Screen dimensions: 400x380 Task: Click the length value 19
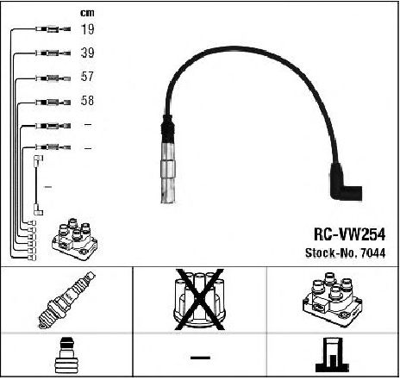tap(87, 29)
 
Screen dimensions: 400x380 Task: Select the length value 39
tap(87, 53)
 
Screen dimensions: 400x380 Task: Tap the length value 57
tap(87, 77)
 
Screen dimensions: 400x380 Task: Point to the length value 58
tap(87, 100)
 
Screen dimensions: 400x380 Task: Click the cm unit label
tap(87, 13)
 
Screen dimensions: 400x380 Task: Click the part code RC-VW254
tap(349, 234)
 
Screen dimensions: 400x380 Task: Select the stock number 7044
tap(373, 253)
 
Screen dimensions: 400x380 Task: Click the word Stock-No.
tap(331, 253)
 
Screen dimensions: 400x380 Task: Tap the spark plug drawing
tap(66, 300)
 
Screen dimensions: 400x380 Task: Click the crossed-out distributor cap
tap(200, 299)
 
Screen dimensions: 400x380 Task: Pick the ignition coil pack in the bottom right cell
tap(332, 299)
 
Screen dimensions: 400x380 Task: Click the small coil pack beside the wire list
tap(75, 240)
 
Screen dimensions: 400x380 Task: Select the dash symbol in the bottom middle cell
tap(200, 358)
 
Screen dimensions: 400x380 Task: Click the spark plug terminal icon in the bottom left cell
tap(66, 355)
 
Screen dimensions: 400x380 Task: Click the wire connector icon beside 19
tap(53, 29)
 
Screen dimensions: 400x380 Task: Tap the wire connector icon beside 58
tap(53, 102)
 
